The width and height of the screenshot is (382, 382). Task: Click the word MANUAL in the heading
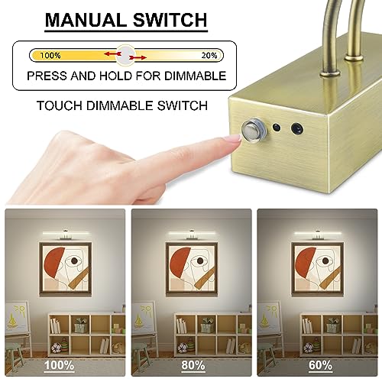click(x=86, y=20)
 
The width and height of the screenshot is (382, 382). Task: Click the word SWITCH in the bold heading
click(x=170, y=20)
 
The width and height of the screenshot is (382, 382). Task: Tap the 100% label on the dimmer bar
click(x=50, y=55)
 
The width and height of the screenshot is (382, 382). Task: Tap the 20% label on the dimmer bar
click(x=209, y=55)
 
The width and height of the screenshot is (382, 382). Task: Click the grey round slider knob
click(x=125, y=55)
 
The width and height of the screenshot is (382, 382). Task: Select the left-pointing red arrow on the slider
click(x=112, y=53)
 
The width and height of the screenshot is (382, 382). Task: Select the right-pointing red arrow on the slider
click(x=138, y=58)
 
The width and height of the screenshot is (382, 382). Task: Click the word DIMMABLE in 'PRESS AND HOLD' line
click(x=195, y=76)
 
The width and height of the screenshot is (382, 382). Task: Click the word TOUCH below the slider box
click(x=60, y=105)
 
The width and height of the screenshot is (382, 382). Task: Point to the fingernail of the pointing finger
click(x=236, y=138)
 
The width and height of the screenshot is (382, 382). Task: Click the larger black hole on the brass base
click(x=297, y=128)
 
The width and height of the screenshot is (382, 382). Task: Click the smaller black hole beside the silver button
click(x=277, y=127)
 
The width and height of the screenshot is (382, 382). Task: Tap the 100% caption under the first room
click(x=59, y=365)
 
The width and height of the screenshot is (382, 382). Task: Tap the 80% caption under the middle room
click(x=193, y=365)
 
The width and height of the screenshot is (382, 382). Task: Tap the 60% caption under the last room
click(x=320, y=365)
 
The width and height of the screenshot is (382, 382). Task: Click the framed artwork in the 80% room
click(x=192, y=269)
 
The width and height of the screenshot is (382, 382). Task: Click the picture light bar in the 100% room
click(x=66, y=233)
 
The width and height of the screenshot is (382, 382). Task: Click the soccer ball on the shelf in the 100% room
click(x=57, y=348)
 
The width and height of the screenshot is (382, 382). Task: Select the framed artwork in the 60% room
click(x=317, y=269)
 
